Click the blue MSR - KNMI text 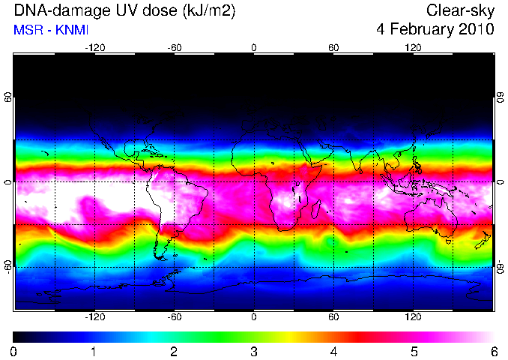(x=51, y=30)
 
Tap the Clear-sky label (x=460, y=10)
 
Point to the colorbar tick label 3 (x=254, y=352)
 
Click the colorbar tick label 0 (x=13, y=352)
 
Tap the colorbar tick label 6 (x=494, y=352)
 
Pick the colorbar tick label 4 (x=333, y=352)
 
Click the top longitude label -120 (x=95, y=48)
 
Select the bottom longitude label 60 (x=333, y=316)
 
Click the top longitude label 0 (x=254, y=48)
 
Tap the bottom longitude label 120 (x=413, y=316)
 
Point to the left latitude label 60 (x=7, y=97)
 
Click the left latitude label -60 (x=7, y=266)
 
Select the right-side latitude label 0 (x=501, y=182)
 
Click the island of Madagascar (x=316, y=209)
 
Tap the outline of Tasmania (x=448, y=241)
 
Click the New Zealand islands (x=483, y=240)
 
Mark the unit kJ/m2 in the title (x=208, y=11)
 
